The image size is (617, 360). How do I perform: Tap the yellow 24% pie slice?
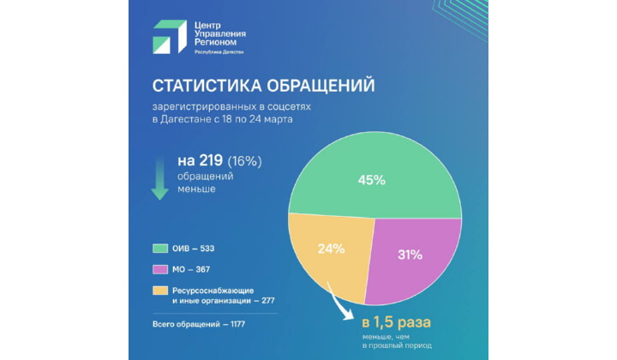330,257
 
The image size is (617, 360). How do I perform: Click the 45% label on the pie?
371,181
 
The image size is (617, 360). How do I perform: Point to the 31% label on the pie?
410,255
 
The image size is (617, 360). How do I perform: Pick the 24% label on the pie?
331,249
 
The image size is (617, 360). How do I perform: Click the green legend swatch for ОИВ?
160,249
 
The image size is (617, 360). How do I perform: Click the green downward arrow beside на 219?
159,177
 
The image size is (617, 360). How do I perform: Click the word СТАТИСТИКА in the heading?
203,87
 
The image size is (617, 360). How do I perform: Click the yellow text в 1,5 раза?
396,323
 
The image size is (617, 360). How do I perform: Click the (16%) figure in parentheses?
245,161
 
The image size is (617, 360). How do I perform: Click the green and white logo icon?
169,36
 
